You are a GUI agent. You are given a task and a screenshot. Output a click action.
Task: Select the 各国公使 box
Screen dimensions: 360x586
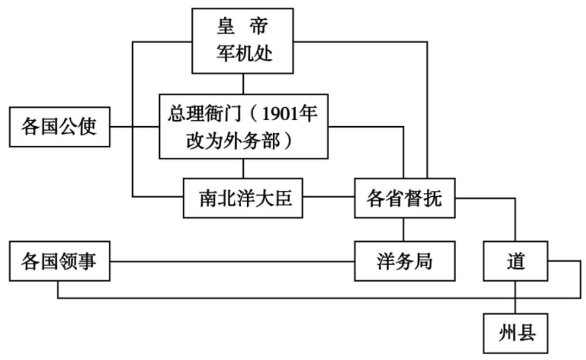pos(59,126)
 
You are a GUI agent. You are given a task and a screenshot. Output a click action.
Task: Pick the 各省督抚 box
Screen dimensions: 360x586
pos(405,198)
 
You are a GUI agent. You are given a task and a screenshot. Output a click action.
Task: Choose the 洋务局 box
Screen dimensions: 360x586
pos(405,260)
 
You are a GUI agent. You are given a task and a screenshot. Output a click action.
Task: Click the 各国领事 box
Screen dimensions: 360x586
pos(59,260)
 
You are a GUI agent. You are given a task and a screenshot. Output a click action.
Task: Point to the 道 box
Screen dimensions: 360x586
pos(516,260)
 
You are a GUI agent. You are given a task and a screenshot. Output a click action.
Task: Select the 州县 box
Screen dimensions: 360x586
pos(516,332)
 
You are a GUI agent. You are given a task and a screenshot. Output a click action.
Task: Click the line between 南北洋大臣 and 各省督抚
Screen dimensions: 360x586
pos(329,197)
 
